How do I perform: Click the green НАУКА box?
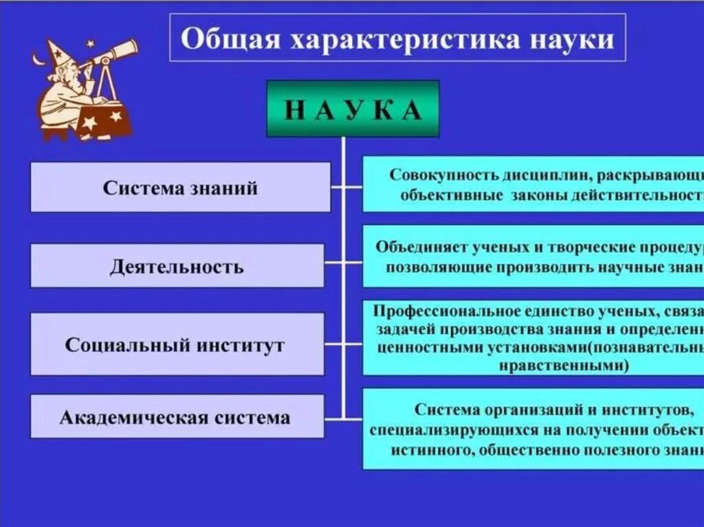click(x=352, y=109)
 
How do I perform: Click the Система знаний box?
click(x=180, y=188)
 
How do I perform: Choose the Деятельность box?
click(x=177, y=266)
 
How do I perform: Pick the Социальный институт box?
click(x=177, y=344)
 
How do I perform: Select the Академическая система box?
click(x=177, y=417)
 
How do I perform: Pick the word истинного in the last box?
click(x=430, y=451)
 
